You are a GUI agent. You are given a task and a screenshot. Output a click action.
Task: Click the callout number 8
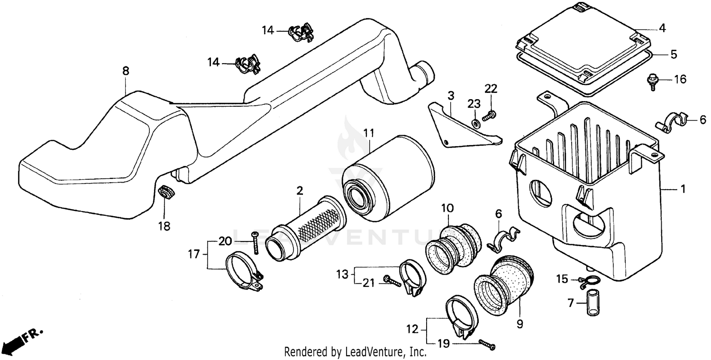click(x=125, y=71)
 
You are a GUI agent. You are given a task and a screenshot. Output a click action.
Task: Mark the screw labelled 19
click(x=487, y=345)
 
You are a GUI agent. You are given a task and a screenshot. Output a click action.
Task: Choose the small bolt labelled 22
click(x=490, y=115)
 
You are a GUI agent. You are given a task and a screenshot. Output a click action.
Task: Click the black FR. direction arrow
click(x=13, y=342)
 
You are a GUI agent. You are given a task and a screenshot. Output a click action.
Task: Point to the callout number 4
click(x=662, y=28)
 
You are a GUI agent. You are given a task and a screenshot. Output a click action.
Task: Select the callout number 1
click(x=683, y=189)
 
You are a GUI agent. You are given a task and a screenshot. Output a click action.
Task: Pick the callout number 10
click(x=447, y=208)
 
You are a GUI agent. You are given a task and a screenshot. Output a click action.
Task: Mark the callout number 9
click(x=520, y=324)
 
